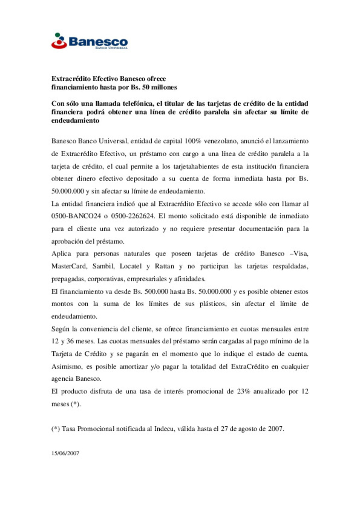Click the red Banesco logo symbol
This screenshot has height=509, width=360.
coord(59,41)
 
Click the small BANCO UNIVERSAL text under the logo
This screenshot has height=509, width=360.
coord(111,48)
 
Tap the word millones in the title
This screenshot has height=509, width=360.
coord(164,87)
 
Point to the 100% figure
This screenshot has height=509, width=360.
coord(193,141)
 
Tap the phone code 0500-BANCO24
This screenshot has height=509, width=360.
coord(76,216)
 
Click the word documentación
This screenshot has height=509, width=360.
coord(261,229)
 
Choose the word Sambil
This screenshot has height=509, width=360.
coord(103,266)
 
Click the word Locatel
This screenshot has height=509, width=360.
coord(131,266)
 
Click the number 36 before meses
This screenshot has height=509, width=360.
coord(70,341)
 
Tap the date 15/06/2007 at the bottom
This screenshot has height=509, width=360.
coord(65,453)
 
